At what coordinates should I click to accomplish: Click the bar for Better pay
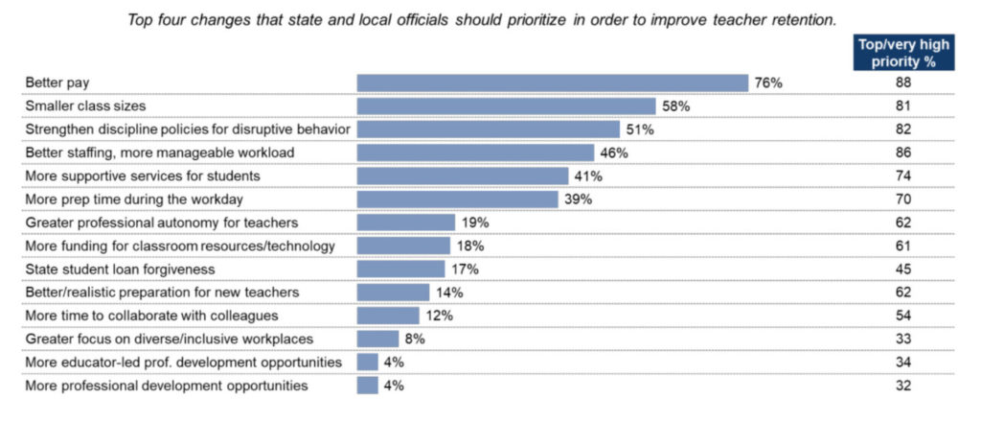point(553,82)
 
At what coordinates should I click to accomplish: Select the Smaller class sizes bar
point(506,105)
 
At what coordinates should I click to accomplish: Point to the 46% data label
point(614,152)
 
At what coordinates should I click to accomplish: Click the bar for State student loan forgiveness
point(401,269)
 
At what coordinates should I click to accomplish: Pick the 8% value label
point(415,339)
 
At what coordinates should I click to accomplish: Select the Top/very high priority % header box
point(903,53)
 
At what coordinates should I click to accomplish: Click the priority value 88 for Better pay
point(902,82)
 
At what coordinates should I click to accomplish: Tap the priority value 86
point(902,152)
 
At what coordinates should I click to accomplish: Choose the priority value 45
point(902,269)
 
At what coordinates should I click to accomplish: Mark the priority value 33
point(902,339)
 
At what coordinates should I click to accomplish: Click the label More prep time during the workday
point(134,199)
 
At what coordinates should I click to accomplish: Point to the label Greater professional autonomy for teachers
point(161,222)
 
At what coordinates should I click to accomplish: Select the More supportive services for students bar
point(463,176)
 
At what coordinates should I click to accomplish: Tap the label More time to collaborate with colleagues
point(151,316)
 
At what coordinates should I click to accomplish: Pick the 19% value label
point(475,222)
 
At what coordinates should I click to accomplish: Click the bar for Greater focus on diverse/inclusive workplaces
point(377,339)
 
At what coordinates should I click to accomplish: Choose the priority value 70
point(902,199)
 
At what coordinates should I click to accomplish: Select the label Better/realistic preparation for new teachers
point(162,292)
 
